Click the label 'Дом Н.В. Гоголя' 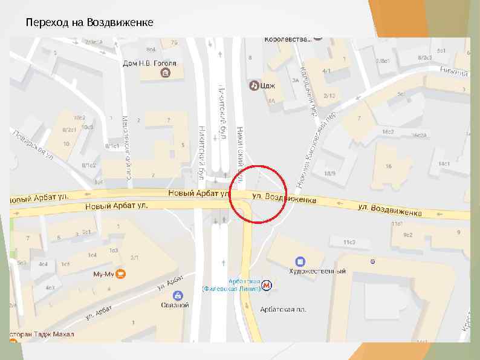(150, 63)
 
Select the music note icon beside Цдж (254, 86)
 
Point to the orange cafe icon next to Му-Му (121, 273)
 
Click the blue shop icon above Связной (178, 295)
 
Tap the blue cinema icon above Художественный (300, 261)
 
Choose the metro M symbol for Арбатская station (267, 285)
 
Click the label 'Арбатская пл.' (283, 309)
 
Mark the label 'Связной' (175, 306)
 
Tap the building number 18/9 (329, 174)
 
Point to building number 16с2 (388, 132)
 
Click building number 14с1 (444, 163)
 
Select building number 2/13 (329, 96)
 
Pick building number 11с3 (349, 242)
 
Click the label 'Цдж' (268, 86)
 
